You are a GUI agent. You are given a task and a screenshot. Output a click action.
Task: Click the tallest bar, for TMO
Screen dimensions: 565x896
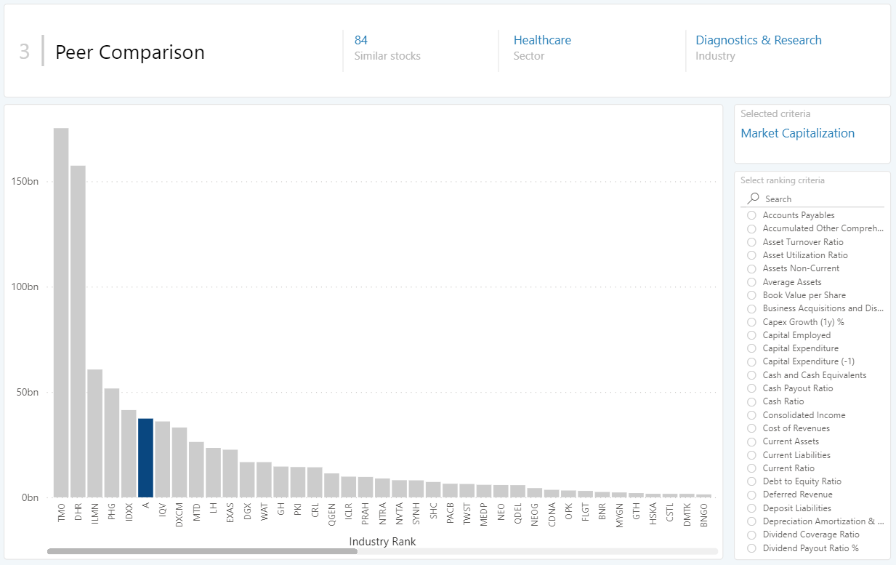click(61, 313)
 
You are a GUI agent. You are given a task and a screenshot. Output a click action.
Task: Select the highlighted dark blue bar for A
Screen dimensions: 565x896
click(145, 458)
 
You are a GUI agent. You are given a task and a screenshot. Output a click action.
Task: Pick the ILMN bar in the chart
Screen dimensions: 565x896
click(94, 433)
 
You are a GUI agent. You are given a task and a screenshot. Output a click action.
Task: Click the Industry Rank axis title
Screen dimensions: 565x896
click(382, 542)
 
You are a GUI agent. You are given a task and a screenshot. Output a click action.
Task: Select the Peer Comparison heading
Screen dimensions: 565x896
click(130, 52)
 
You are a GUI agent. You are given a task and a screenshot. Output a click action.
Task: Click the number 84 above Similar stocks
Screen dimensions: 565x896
click(361, 40)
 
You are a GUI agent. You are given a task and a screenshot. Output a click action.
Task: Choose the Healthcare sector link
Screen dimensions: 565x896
click(542, 40)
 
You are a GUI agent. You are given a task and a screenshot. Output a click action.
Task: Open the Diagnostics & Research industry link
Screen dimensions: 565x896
click(759, 40)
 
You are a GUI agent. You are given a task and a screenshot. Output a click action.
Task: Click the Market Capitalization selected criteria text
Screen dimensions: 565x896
click(797, 133)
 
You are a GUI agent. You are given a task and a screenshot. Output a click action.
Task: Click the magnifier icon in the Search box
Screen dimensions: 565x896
click(754, 199)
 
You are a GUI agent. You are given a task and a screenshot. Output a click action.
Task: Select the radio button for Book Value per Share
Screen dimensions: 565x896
click(752, 295)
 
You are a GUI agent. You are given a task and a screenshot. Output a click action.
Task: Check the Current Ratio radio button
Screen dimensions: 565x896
click(752, 468)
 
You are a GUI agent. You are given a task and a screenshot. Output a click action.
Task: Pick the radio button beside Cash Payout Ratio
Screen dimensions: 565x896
click(752, 388)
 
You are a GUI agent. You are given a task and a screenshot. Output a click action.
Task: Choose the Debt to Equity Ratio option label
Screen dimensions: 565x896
click(802, 481)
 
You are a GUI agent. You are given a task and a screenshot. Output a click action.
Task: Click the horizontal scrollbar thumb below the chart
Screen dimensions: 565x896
click(202, 551)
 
